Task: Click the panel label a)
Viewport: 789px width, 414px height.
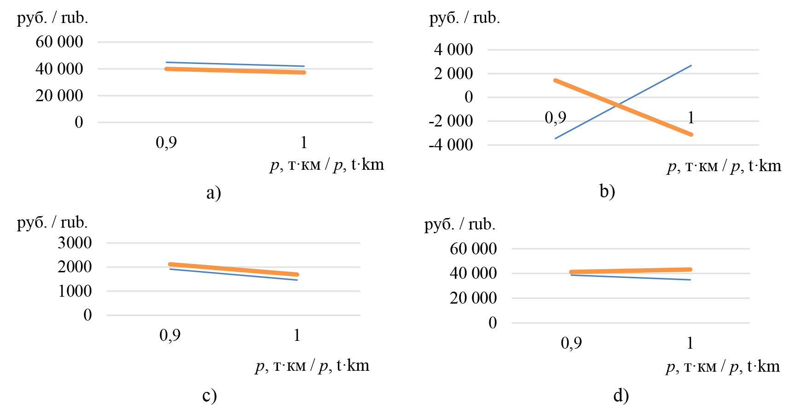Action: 214,192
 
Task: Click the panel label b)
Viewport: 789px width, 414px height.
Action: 607,191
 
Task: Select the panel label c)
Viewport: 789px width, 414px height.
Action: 209,395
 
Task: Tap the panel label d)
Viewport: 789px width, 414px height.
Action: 621,395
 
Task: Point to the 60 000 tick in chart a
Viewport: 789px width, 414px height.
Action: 59,42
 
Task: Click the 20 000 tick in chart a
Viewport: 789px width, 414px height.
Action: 59,96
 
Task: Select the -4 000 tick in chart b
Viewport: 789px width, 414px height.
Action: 451,145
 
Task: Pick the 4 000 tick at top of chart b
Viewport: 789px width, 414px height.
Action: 453,50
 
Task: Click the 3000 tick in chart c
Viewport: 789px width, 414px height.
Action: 75,243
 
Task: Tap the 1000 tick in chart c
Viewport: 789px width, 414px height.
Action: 75,291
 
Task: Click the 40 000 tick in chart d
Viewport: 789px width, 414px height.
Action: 473,273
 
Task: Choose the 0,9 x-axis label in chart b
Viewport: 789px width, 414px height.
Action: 556,118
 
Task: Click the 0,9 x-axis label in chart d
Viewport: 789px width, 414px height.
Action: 571,343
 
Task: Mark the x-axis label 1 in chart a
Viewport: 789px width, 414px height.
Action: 304,143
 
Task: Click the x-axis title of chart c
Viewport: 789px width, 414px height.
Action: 313,366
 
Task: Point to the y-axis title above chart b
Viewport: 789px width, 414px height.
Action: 464,18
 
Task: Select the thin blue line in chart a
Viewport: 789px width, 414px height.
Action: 235,64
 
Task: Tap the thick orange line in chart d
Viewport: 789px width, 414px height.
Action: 631,271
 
